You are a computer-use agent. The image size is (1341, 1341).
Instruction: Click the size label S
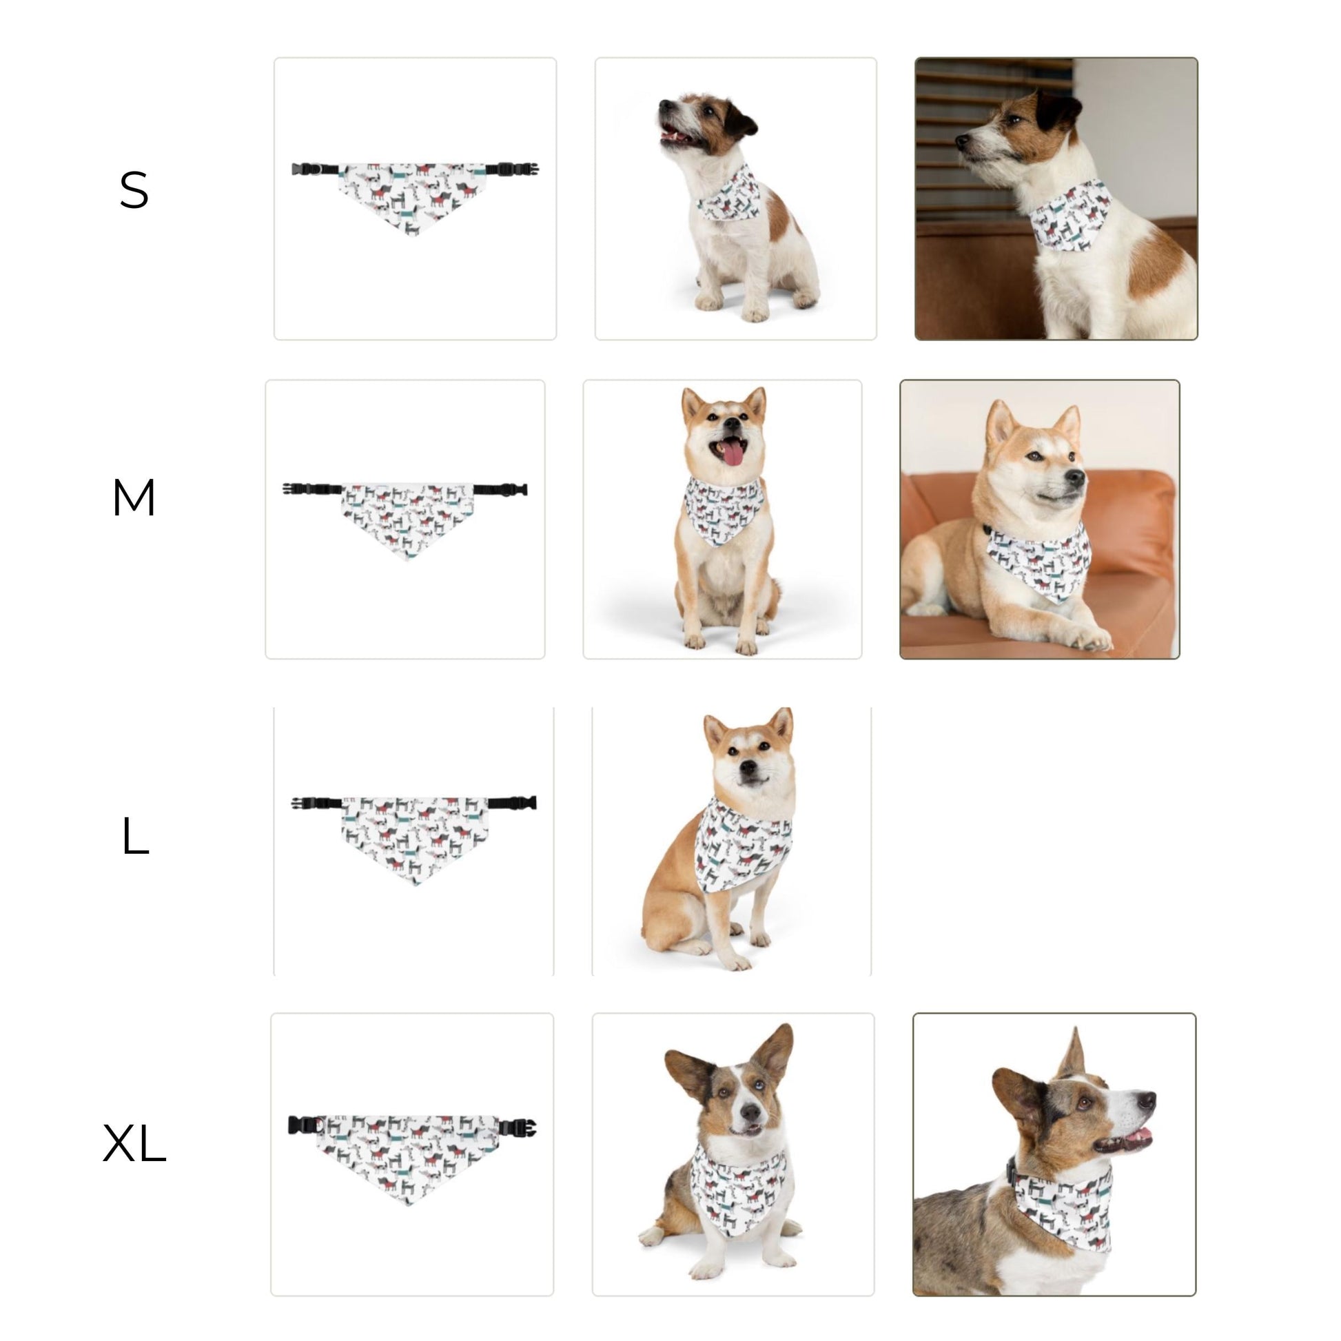point(134,190)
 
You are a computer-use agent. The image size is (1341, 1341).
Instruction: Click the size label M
point(133,498)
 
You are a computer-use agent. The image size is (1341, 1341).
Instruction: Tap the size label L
point(134,836)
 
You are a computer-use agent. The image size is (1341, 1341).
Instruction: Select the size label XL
point(134,1144)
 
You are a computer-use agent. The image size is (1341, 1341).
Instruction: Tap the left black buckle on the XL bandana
point(303,1125)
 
